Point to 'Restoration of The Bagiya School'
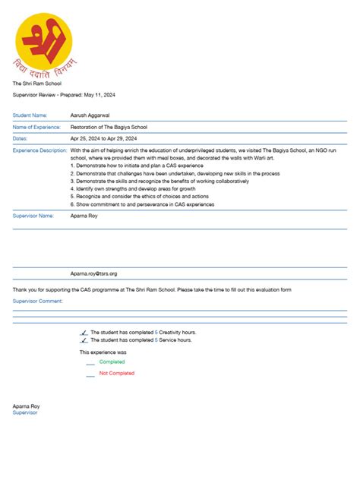tap(109, 127)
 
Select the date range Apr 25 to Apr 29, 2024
tap(103, 139)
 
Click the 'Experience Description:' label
tap(39, 150)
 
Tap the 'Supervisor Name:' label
tap(33, 216)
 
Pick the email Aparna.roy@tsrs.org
tap(93, 273)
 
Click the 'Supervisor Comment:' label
tap(38, 301)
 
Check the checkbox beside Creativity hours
tap(83, 333)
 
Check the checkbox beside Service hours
tap(83, 340)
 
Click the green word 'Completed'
tap(112, 362)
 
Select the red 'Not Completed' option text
tap(116, 373)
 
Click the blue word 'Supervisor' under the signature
tap(25, 412)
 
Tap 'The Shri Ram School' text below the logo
tap(36, 83)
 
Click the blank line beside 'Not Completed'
tap(90, 375)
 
